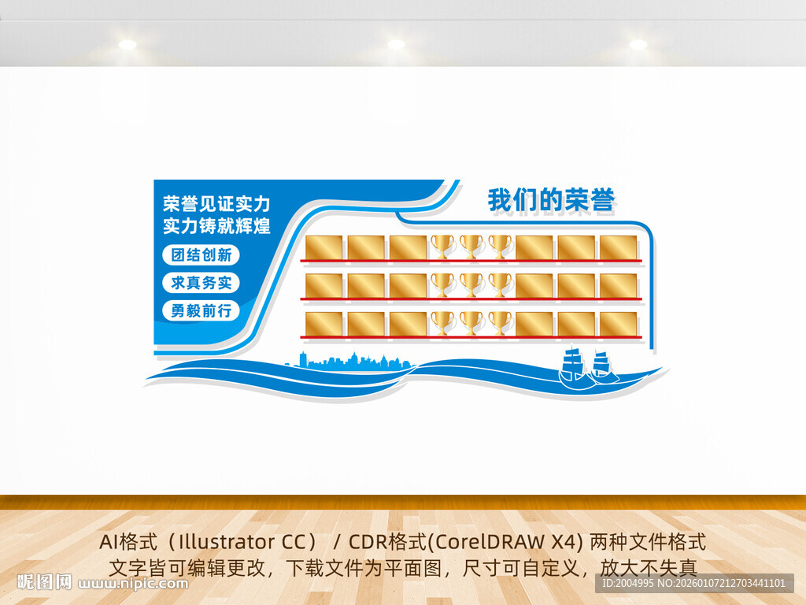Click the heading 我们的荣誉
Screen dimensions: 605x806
[550, 201]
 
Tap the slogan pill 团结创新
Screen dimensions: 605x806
[201, 255]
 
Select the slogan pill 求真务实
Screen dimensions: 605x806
[201, 283]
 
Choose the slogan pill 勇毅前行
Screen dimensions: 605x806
[201, 310]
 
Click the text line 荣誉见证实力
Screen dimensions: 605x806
[216, 204]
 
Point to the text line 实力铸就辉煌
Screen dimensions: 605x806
[216, 226]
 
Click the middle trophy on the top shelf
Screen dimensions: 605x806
[471, 246]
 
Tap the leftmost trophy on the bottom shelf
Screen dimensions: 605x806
[442, 323]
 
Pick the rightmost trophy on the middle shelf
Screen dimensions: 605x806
[500, 284]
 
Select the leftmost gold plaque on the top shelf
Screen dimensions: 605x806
[324, 247]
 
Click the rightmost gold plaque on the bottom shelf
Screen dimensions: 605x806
[619, 324]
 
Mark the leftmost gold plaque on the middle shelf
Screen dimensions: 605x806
[324, 286]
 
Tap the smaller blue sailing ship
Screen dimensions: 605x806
[602, 366]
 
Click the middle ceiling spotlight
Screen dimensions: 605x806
[396, 44]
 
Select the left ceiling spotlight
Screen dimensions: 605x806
[128, 44]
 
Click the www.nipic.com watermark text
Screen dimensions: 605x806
[135, 584]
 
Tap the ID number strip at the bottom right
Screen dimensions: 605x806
[693, 583]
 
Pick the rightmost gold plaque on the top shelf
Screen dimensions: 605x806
[619, 247]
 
